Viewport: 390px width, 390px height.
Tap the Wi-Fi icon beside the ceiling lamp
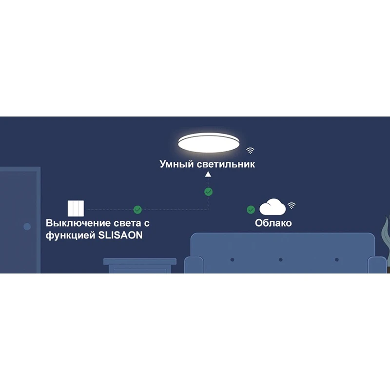[x=250, y=150]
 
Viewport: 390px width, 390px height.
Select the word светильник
[x=226, y=164]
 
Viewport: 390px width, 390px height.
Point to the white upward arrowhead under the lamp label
[x=208, y=175]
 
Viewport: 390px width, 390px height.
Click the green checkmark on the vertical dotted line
[x=208, y=192]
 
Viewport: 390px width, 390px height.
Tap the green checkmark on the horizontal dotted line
[x=137, y=210]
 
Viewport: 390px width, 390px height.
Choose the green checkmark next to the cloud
[x=251, y=210]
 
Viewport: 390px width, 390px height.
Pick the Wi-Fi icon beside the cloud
[x=292, y=205]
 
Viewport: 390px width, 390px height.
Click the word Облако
[x=273, y=223]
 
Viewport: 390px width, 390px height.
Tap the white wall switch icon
[x=76, y=208]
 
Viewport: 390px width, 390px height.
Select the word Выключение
[x=78, y=223]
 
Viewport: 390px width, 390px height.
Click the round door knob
[x=27, y=226]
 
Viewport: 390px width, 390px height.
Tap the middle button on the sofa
[x=280, y=259]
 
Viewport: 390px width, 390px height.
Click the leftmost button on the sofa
[x=232, y=259]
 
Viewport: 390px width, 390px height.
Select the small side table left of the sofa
[x=140, y=266]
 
